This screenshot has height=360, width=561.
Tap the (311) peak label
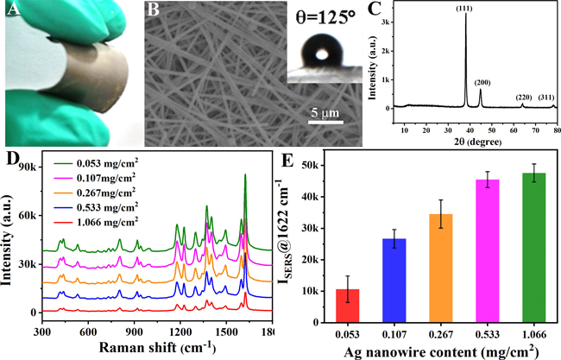[x=547, y=98]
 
